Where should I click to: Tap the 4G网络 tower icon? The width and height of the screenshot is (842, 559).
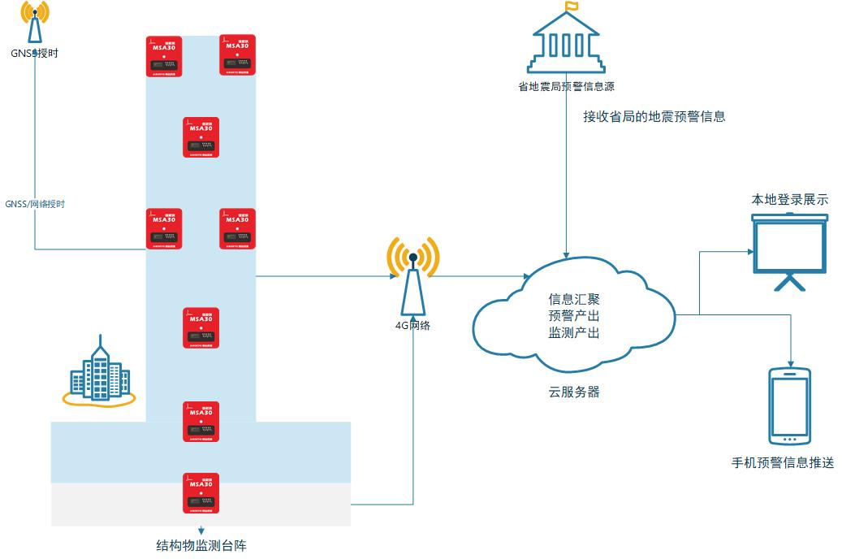point(412,276)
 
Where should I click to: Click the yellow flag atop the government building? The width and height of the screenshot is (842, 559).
point(572,7)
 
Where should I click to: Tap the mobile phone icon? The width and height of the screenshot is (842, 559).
point(789,406)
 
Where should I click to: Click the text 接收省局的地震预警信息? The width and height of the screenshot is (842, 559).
point(654,116)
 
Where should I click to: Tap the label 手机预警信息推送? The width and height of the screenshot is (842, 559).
point(782,463)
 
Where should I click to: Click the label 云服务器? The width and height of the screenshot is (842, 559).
point(574,392)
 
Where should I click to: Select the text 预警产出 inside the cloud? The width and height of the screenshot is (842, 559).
point(574,316)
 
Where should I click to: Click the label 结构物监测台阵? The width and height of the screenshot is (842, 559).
point(201,545)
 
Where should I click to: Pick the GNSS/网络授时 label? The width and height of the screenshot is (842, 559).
point(35,204)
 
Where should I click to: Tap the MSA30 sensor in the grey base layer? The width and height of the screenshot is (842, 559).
point(201,492)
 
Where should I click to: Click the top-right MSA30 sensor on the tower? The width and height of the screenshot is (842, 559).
point(238,54)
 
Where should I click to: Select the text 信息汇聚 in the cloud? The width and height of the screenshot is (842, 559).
point(574,299)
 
